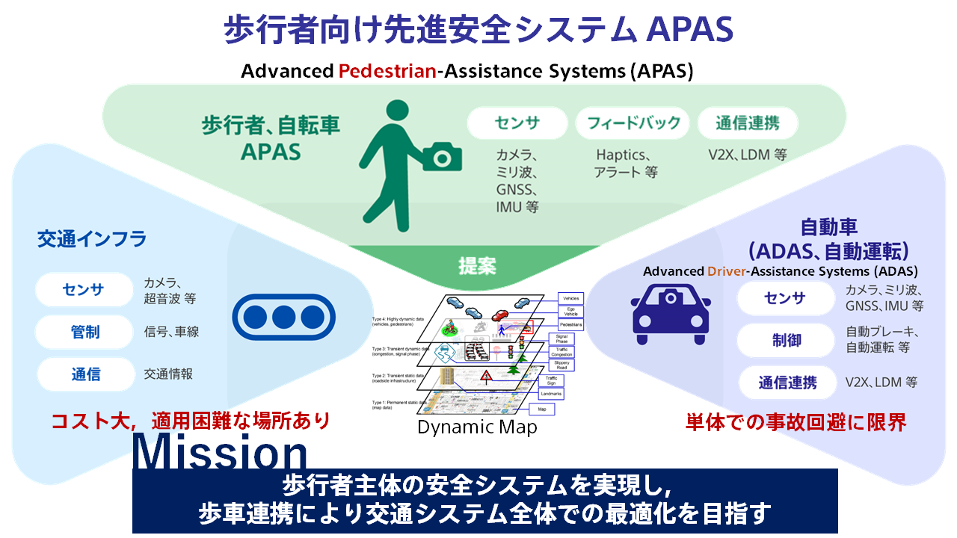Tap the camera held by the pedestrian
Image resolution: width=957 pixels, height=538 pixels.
pos(442,156)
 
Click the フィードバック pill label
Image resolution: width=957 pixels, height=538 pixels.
pos(633,123)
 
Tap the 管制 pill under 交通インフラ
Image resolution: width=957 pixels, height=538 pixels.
pos(84,332)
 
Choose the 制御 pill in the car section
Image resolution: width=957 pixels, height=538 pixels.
pos(786,340)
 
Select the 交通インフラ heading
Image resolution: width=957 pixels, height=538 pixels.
pos(92,239)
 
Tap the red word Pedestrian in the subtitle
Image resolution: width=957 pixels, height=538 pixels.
pos(387,72)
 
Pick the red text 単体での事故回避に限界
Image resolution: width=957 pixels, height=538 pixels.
pos(796,423)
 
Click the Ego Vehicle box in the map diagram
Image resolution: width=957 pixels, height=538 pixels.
pos(571,312)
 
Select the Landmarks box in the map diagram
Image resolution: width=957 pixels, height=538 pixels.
pos(551,393)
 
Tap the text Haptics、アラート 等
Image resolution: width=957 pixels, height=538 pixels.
pos(627,164)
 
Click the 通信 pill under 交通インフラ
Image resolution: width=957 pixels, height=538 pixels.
pos(84,374)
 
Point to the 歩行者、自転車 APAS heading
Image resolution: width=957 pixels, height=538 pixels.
pos(271,137)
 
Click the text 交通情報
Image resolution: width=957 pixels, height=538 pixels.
pos(168,374)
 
